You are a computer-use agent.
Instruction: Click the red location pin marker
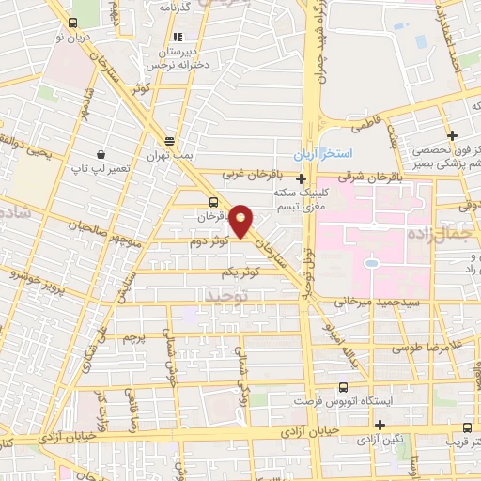point(241,220)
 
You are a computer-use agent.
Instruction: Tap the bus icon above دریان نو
point(72,24)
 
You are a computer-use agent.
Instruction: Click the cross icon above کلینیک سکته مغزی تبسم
point(301,178)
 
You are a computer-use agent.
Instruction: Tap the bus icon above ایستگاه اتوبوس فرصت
point(342,386)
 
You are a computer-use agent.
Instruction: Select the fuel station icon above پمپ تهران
point(168,135)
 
